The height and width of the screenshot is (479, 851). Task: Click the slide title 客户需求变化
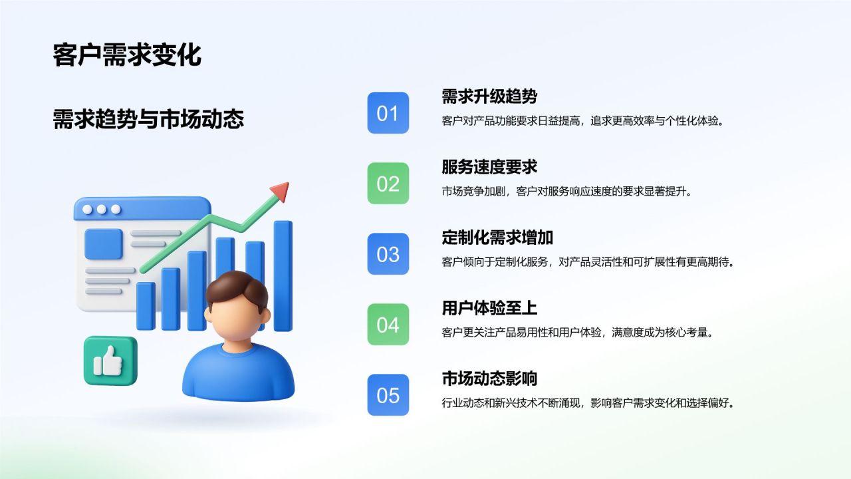click(127, 55)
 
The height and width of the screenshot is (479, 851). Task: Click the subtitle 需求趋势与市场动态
click(148, 119)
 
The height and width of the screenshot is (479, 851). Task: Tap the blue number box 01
click(388, 113)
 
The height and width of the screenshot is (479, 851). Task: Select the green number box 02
click(388, 184)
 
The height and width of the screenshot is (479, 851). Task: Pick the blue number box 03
click(388, 254)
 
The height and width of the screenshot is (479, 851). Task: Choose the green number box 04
click(388, 325)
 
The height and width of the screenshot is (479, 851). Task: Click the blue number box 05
click(388, 395)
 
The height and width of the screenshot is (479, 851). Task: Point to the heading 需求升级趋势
click(489, 96)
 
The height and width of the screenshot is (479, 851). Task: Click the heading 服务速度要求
click(489, 167)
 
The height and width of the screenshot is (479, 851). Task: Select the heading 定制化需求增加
click(497, 238)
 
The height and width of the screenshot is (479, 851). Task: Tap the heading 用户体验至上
click(489, 308)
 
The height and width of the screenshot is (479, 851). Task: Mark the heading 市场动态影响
click(489, 379)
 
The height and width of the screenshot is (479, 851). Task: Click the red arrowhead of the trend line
click(281, 191)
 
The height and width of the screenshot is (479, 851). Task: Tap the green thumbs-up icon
click(110, 361)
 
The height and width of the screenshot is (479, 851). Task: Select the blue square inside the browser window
click(104, 244)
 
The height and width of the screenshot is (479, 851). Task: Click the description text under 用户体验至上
click(577, 332)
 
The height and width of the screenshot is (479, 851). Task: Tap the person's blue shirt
click(238, 376)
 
